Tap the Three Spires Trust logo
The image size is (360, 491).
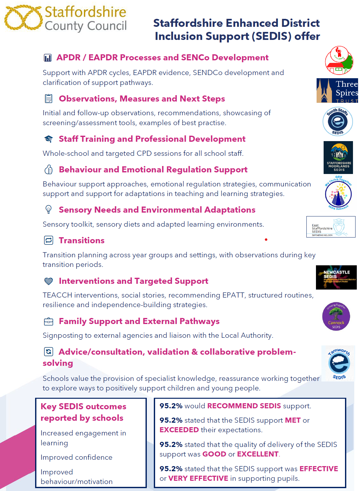pos(337,90)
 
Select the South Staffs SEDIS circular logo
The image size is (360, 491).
pos(338,122)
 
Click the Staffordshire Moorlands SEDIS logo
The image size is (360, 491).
pos(338,157)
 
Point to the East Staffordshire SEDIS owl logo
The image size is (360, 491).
pos(331,227)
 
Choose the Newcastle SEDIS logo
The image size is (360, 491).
pos(336,277)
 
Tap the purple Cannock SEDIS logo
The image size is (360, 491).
pos(336,316)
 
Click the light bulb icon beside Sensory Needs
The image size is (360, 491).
pos(49,209)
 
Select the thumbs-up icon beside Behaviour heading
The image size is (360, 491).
pos(49,169)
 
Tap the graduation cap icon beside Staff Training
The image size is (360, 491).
pos(49,139)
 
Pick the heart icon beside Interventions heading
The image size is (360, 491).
pos(49,281)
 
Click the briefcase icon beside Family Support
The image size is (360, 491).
pos(49,321)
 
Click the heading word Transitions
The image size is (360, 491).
pos(82,240)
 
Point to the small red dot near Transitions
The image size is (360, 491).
pos(266,239)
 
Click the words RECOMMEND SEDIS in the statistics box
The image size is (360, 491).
pos(244,406)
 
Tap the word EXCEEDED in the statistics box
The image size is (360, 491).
pos(179,430)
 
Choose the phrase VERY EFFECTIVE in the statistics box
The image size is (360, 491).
pos(198,478)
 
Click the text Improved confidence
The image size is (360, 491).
pos(77,457)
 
